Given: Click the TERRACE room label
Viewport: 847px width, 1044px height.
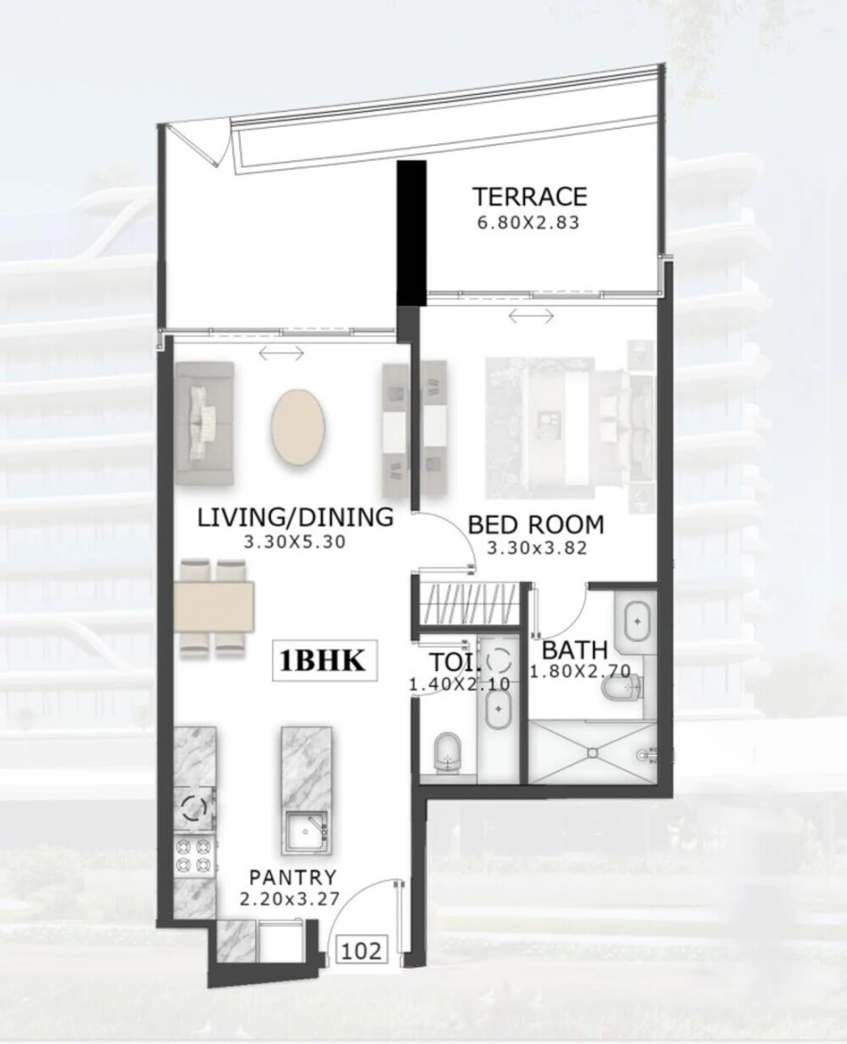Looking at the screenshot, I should pyautogui.click(x=530, y=197).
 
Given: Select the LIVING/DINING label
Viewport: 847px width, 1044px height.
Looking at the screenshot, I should pyautogui.click(x=294, y=517).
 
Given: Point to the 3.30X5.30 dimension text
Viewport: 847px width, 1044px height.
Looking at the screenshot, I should pyautogui.click(x=294, y=542).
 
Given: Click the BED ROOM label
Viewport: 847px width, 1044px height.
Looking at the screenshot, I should pyautogui.click(x=535, y=524).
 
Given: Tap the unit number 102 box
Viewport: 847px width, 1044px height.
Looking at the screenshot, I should pyautogui.click(x=361, y=950).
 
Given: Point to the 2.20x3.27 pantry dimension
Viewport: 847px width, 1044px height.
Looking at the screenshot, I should pyautogui.click(x=288, y=899).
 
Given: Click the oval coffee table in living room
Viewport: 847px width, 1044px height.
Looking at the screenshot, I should pyautogui.click(x=300, y=426).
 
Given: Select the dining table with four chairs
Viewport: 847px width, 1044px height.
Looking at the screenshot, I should pyautogui.click(x=215, y=606).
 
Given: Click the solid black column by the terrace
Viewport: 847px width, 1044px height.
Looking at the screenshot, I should pyautogui.click(x=411, y=232).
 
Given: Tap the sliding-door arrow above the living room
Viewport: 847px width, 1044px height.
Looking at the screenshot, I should pyautogui.click(x=281, y=353).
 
